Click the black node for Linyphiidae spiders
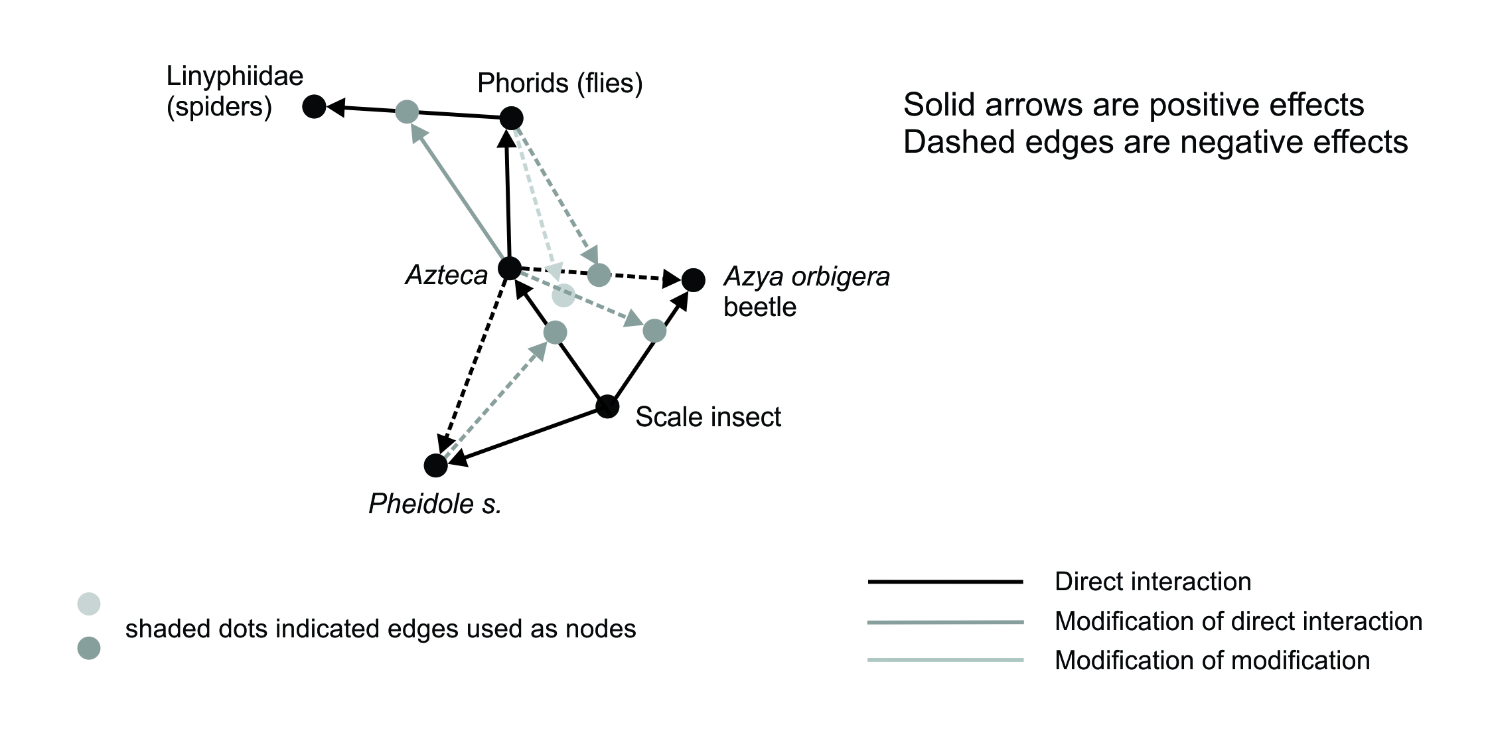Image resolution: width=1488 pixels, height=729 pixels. coord(314,106)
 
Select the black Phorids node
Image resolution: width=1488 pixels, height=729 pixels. coord(511,118)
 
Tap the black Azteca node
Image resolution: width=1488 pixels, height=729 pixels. coord(509,268)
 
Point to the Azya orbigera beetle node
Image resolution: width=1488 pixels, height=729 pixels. coord(694,280)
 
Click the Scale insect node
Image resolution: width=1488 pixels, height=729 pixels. coord(607,406)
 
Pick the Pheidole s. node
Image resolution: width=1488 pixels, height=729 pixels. coord(435,465)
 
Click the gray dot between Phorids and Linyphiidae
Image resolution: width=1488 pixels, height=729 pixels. coord(407,112)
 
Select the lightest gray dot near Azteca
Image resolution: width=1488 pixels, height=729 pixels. coord(563,295)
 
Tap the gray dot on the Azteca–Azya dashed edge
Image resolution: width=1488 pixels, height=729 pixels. coord(599,274)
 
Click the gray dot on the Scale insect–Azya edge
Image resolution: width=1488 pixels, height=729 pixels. coord(654,330)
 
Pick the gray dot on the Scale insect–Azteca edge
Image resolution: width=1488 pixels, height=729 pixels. coord(555,332)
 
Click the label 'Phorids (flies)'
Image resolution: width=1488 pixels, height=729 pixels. coord(560,84)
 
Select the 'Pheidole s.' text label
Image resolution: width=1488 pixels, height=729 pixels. coord(435,504)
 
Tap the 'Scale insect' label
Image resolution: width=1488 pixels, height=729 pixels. coord(708,417)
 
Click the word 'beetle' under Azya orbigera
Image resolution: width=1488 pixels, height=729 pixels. coord(760,307)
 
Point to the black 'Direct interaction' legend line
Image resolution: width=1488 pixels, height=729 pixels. coord(945,582)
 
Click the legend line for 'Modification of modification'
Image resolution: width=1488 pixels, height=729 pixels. coord(945,660)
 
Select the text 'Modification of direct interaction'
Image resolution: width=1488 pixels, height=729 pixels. coord(1238,621)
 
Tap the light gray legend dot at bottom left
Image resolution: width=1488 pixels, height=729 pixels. coord(89,604)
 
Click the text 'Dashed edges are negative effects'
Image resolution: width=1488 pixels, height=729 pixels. coord(1155,142)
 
